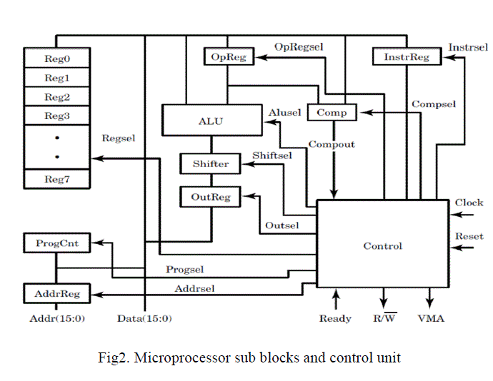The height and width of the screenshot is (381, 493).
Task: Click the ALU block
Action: pos(210,121)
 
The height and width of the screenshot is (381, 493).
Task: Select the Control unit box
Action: pos(383,246)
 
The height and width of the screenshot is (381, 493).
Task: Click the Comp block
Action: pos(332,112)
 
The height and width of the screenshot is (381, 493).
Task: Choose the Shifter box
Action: pos(210,163)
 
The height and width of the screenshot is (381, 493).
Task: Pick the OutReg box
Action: pos(210,196)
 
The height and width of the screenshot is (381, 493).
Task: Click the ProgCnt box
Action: pos(56,243)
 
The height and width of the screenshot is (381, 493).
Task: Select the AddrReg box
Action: pos(56,293)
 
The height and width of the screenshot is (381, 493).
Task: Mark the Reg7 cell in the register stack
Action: pos(57,179)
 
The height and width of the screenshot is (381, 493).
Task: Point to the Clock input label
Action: pos(469,203)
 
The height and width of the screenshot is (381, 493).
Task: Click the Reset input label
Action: pos(469,236)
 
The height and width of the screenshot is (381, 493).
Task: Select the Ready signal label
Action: pos(335,318)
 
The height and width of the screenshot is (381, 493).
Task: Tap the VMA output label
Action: pos(431,318)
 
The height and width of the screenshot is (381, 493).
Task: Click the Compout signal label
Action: pos(332,145)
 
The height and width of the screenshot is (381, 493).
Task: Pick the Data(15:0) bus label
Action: pos(144,318)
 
